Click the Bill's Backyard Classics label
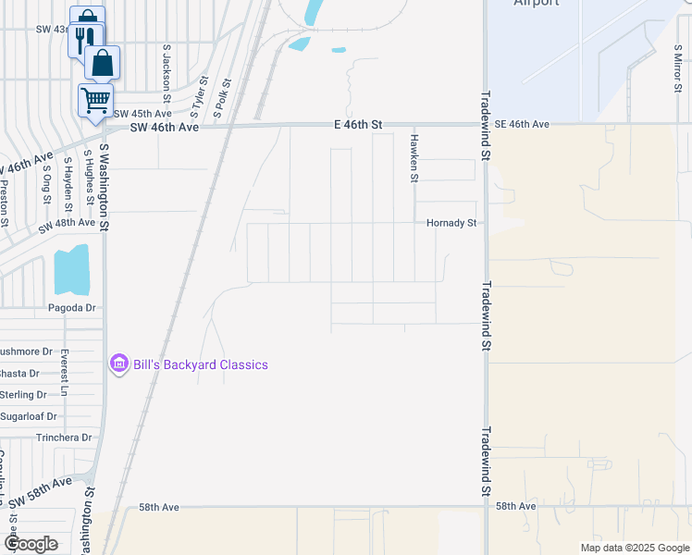[201, 364]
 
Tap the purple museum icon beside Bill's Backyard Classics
[118, 364]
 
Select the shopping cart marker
[95, 100]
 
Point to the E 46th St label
[358, 124]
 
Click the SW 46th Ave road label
[165, 128]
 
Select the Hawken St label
[414, 157]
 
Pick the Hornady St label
[451, 223]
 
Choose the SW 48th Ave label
[67, 223]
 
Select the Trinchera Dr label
[64, 438]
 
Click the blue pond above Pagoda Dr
[71, 269]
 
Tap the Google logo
[30, 543]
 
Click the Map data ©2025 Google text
[634, 548]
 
